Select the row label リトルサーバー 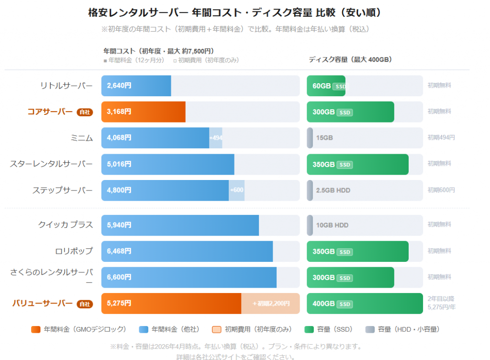point(67,86)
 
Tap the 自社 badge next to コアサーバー point(85,112)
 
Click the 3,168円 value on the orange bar point(119,112)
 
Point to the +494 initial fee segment point(216,138)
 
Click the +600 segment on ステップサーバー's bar point(237,190)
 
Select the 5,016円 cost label point(119,164)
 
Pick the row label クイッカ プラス point(66,225)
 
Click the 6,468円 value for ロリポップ point(119,251)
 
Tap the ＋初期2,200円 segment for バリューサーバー point(271,304)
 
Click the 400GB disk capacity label point(324,304)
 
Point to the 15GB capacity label point(324,138)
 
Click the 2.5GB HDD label point(333,190)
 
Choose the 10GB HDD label point(332,225)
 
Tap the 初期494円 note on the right point(441,137)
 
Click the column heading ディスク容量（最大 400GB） point(350,60)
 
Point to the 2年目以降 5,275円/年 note point(442,303)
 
